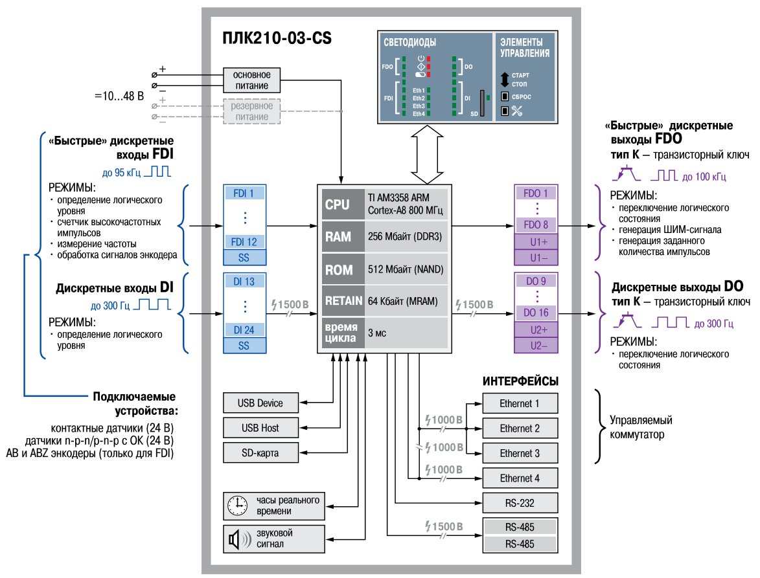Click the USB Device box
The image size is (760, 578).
click(x=260, y=403)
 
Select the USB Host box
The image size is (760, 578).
click(x=260, y=428)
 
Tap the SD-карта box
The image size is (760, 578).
click(x=260, y=453)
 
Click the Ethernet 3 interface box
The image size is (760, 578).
click(x=520, y=453)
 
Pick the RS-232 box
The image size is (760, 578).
click(x=520, y=503)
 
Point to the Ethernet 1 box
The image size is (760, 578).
click(x=520, y=403)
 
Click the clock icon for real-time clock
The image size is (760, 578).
click(x=238, y=506)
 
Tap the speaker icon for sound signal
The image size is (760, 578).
click(x=239, y=539)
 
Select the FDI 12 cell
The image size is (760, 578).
click(x=244, y=241)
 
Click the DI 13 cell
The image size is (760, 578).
click(x=244, y=282)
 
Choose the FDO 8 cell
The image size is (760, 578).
click(x=536, y=225)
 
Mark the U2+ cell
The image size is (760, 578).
click(x=536, y=329)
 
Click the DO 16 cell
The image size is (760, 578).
click(x=536, y=313)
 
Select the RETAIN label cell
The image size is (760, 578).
click(x=343, y=300)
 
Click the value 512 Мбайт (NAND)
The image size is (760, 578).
click(x=406, y=269)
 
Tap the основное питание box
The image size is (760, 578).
click(x=251, y=80)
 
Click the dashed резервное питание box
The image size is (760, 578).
click(x=251, y=111)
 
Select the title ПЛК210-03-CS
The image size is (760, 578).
click(x=277, y=38)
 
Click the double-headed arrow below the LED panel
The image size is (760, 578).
click(x=427, y=155)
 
